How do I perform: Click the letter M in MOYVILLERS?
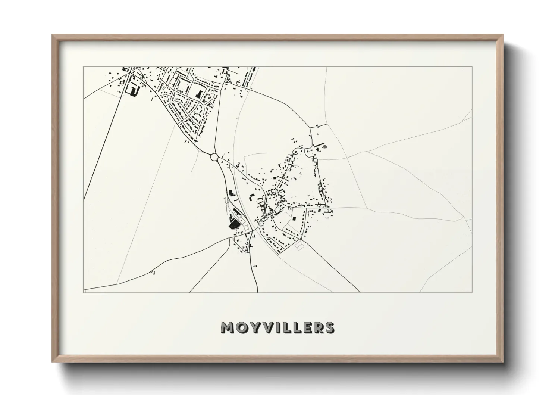228,327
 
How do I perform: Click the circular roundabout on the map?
214,157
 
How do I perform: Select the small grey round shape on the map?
325,147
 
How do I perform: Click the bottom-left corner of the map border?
84,292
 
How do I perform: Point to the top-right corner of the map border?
472,67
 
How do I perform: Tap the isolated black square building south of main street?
294,218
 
